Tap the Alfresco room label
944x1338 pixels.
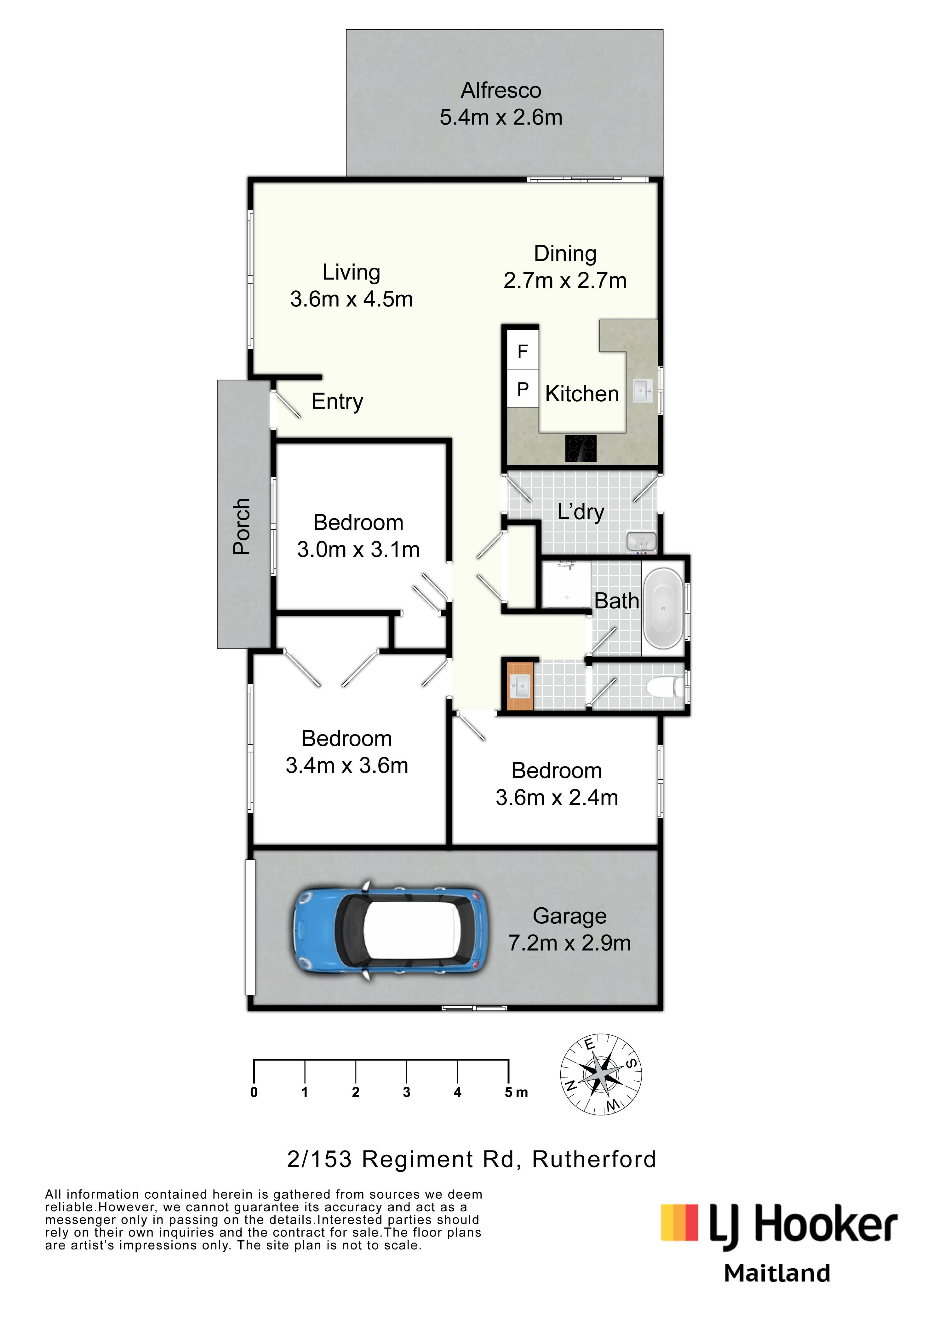[501, 90]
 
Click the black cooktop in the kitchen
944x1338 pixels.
[581, 449]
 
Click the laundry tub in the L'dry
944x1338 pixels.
[641, 541]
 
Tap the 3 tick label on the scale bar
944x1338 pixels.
[407, 1092]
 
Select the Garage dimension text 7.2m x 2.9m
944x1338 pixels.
[569, 942]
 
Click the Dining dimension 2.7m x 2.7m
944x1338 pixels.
[565, 280]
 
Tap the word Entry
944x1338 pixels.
[337, 402]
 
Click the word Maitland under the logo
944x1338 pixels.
[777, 1273]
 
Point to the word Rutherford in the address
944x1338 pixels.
[594, 1160]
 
